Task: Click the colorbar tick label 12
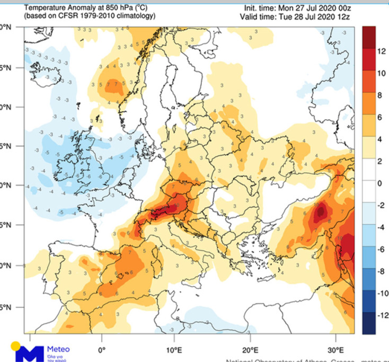[381, 51]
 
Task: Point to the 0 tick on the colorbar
[379, 183]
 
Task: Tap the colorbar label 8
[379, 95]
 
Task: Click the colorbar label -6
[380, 249]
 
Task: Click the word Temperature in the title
[45, 8]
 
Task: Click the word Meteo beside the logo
[58, 349]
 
